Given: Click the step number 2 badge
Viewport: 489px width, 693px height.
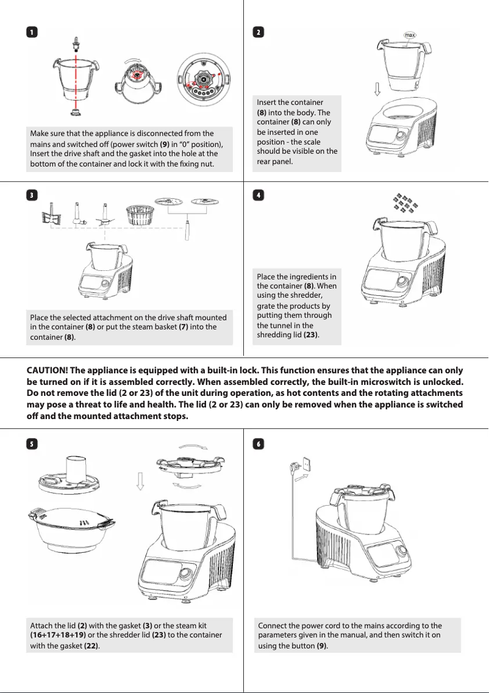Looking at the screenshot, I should [x=259, y=32].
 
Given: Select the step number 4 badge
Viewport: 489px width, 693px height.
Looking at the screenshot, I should [x=259, y=195].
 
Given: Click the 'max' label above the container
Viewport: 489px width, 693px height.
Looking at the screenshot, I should [x=410, y=35].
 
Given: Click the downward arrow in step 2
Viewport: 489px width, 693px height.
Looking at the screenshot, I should [x=377, y=89].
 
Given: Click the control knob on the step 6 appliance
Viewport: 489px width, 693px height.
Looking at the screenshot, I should [x=402, y=551].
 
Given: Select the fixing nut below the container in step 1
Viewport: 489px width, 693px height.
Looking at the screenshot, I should [x=76, y=112].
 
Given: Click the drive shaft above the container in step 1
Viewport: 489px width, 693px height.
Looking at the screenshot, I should [x=76, y=43].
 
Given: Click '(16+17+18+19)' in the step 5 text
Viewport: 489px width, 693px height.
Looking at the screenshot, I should [x=59, y=635].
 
